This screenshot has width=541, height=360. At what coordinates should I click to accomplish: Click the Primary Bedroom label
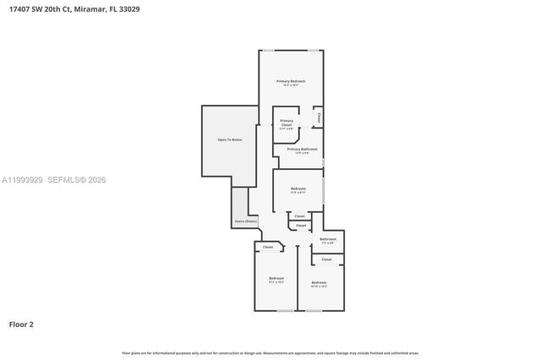(290, 81)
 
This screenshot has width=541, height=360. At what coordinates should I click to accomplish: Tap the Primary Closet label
(287, 123)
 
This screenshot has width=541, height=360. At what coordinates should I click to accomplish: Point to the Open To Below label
(230, 139)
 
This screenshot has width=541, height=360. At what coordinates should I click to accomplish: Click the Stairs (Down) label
(245, 221)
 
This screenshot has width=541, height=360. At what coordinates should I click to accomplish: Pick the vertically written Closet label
(319, 118)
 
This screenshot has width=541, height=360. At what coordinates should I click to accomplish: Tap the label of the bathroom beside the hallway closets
(328, 240)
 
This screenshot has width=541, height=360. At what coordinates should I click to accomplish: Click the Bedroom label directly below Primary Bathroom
(298, 188)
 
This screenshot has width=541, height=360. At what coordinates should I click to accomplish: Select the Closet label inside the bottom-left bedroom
(268, 247)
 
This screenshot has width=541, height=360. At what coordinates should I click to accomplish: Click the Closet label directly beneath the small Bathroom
(327, 259)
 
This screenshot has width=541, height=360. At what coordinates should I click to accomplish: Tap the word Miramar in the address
(88, 8)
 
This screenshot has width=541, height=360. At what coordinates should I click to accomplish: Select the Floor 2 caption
(20, 324)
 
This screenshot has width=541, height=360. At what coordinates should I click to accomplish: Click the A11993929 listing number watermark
(21, 180)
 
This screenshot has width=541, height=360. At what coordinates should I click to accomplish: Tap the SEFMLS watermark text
(63, 180)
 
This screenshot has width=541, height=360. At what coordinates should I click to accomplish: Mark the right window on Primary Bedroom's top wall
(314, 50)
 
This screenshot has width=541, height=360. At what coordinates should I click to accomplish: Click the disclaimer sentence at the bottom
(270, 352)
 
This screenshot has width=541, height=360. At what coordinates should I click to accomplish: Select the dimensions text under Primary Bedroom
(290, 85)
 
